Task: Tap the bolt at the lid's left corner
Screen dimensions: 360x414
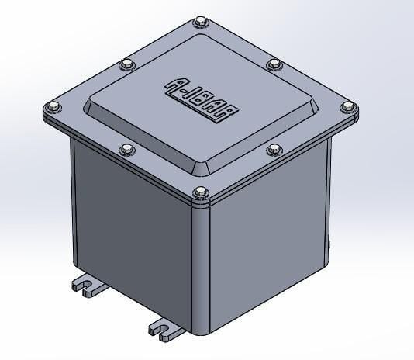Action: [53, 107]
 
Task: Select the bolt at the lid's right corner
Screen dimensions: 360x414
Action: [347, 107]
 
